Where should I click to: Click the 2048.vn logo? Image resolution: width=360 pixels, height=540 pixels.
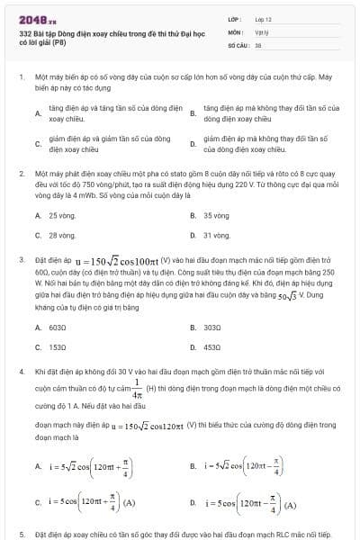[x=37, y=17]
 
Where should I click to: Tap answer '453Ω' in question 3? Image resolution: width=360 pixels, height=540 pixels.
[x=212, y=346]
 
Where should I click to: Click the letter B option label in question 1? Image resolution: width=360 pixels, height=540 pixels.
[x=193, y=113]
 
